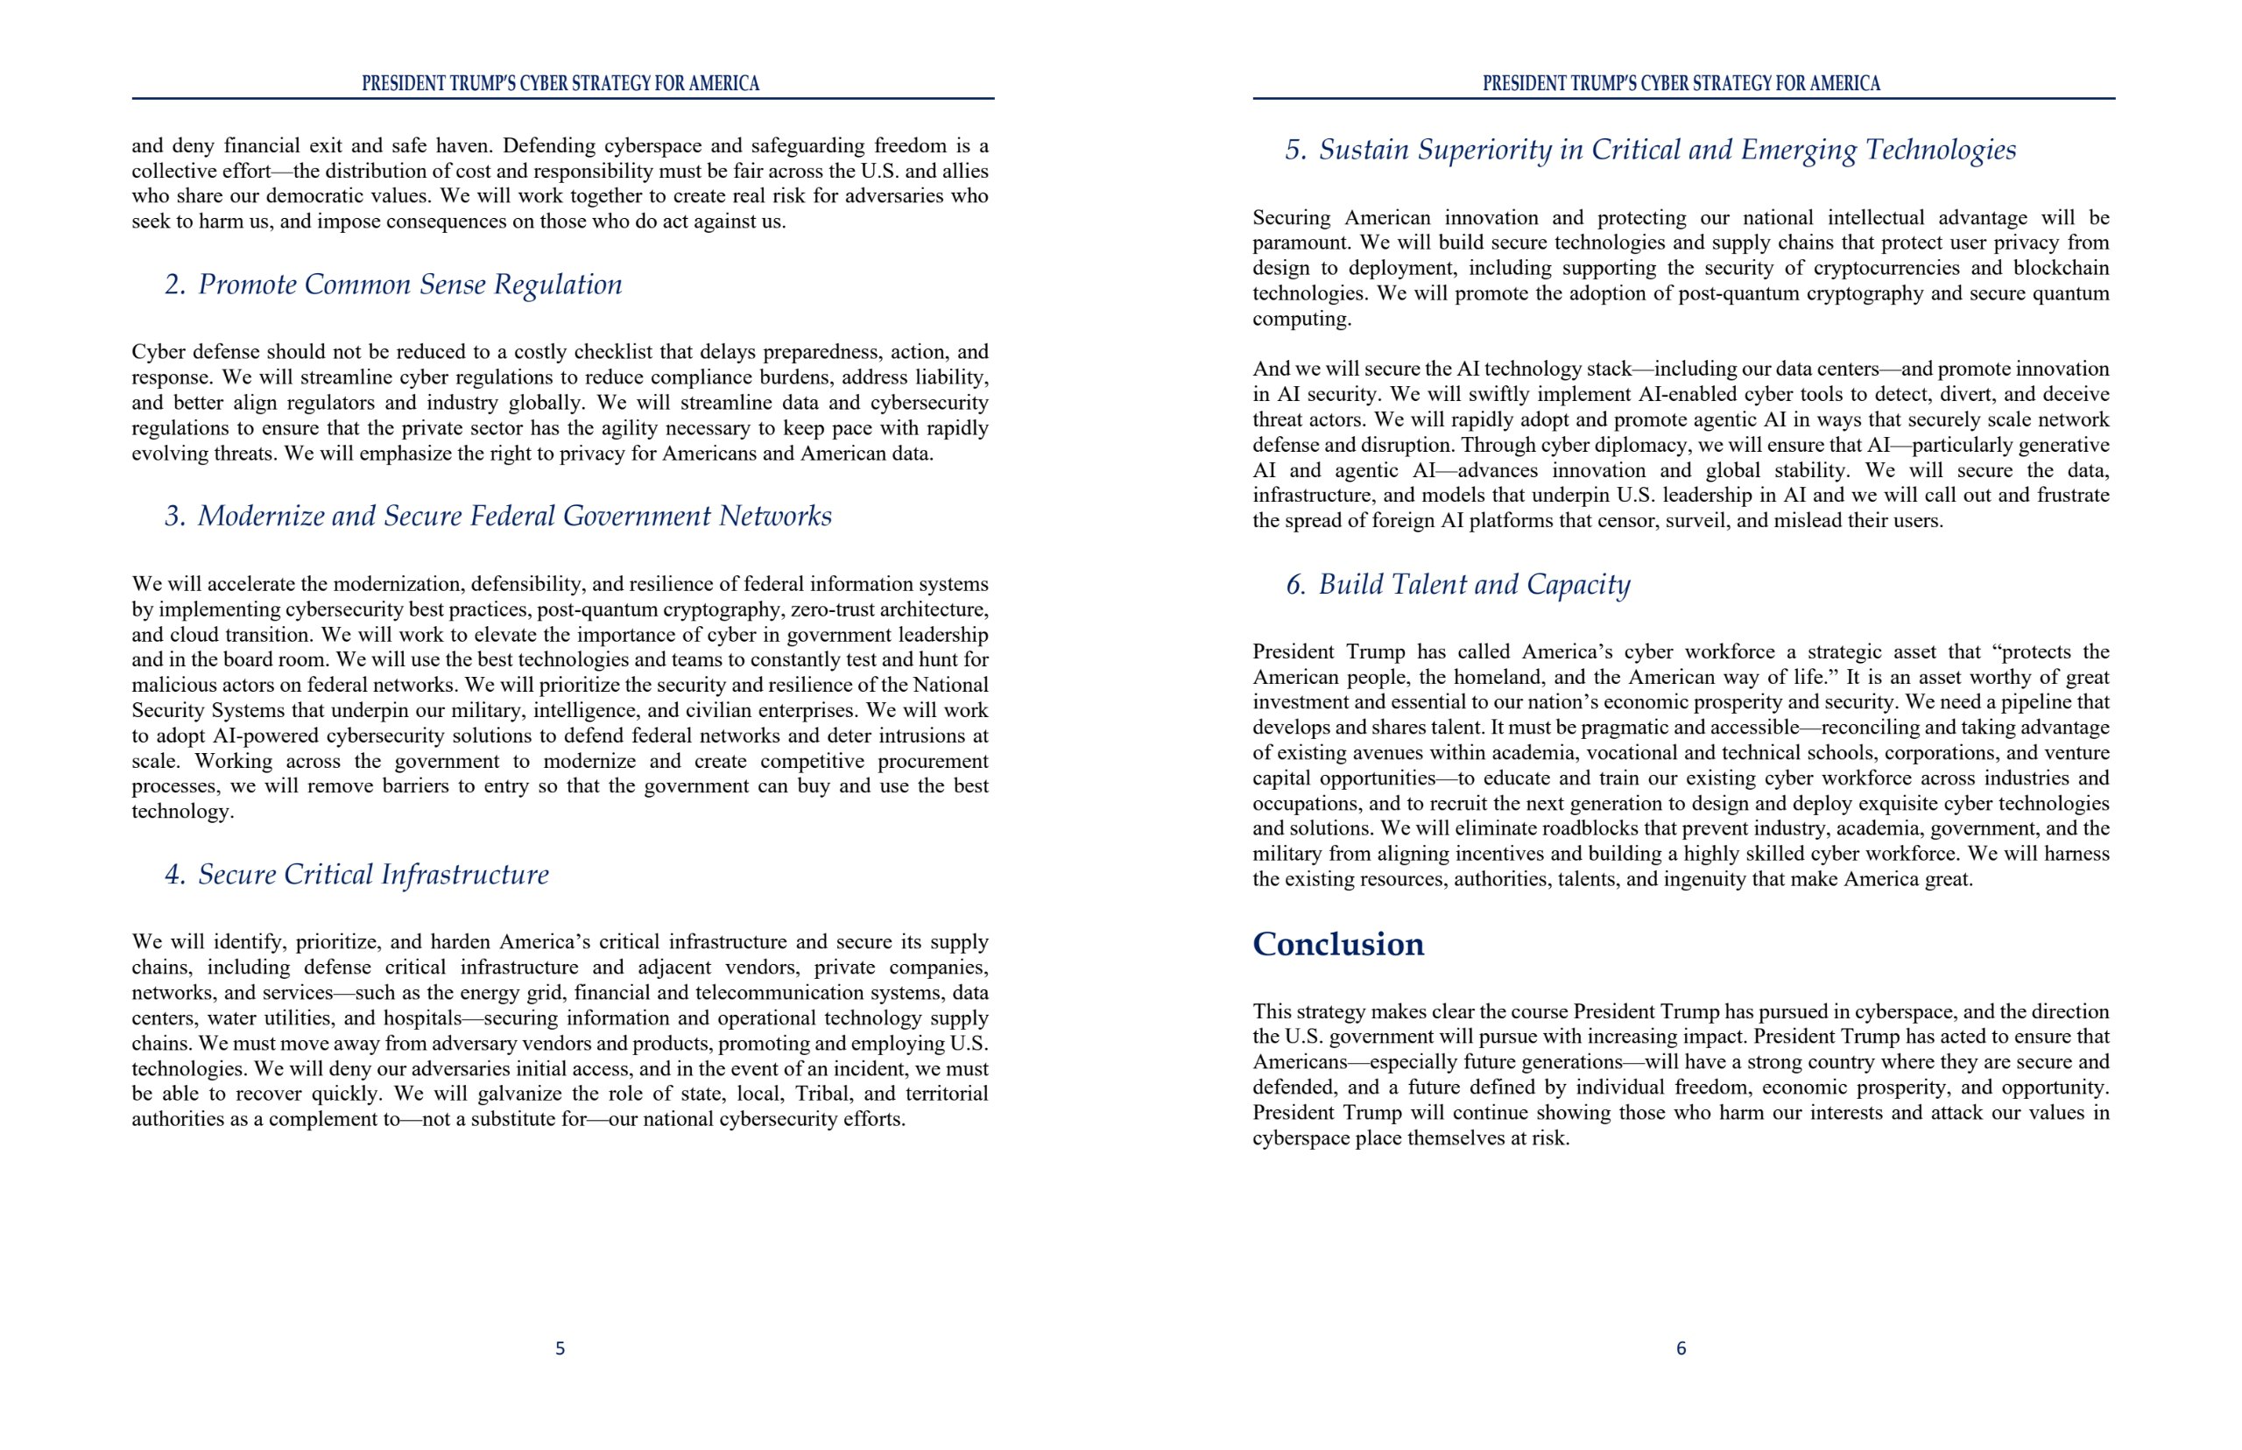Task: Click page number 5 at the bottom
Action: (x=560, y=1348)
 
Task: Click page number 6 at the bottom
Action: (x=1681, y=1348)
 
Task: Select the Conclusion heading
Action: (x=1337, y=945)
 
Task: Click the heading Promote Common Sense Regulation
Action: (x=410, y=285)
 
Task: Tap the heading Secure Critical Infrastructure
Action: (x=373, y=875)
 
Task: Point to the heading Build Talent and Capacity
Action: (x=1474, y=585)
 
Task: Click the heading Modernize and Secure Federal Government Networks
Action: (x=514, y=516)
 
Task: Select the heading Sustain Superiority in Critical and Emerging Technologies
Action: (x=1667, y=150)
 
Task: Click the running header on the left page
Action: (x=560, y=84)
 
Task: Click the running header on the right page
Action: (x=1681, y=84)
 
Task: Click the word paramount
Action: (x=1300, y=243)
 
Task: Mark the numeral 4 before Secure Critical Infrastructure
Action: (x=173, y=875)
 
